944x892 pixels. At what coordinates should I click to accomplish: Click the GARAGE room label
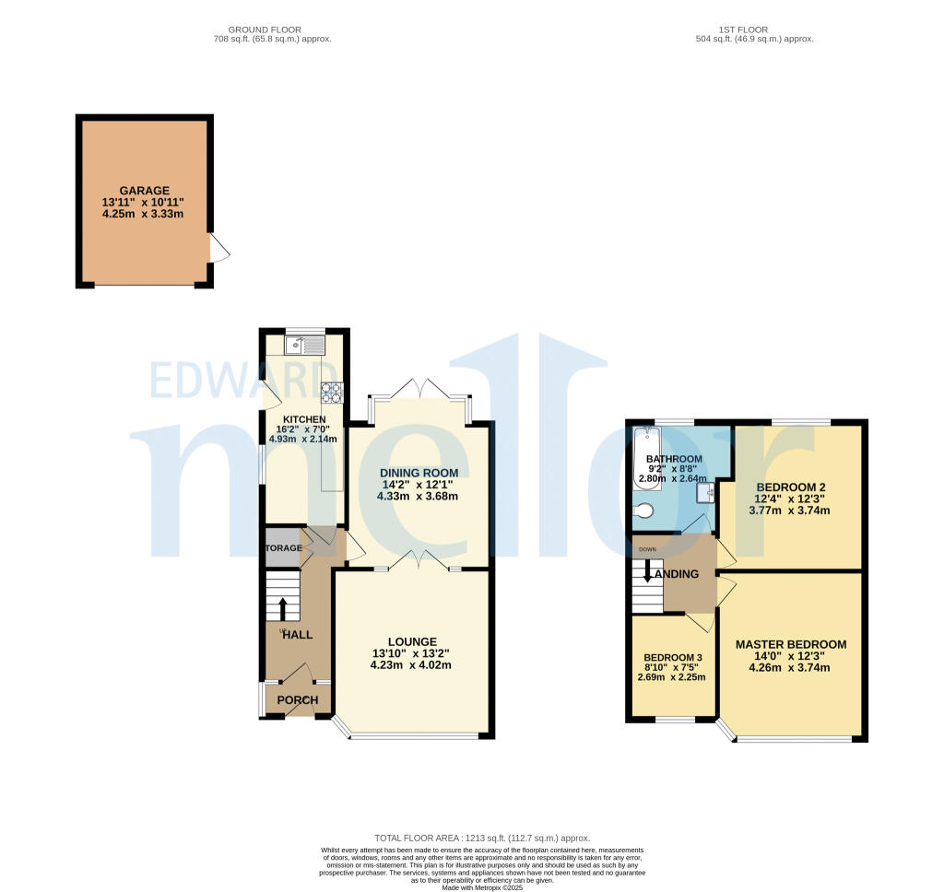pos(144,191)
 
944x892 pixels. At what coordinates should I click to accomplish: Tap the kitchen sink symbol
pos(304,346)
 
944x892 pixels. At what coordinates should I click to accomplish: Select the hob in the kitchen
pos(331,393)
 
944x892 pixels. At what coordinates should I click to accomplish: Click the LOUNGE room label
pos(411,641)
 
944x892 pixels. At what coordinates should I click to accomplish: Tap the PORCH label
pos(298,700)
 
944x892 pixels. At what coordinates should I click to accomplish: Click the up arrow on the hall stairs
pos(283,609)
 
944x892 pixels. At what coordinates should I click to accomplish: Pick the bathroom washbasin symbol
pos(705,494)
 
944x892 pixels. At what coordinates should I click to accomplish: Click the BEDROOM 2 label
pos(790,487)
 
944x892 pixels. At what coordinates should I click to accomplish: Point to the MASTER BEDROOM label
pos(790,644)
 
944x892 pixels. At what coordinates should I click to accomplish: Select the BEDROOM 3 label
pos(671,657)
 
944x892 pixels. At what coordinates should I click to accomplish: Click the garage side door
pos(219,248)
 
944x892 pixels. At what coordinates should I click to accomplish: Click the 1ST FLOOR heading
pos(755,29)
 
